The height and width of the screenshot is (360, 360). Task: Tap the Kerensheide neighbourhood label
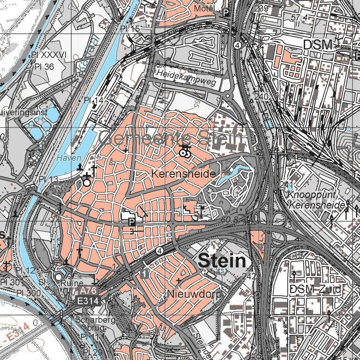pos(184,174)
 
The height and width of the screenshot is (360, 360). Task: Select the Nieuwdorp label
pos(187,294)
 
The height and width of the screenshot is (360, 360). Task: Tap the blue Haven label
pos(69,158)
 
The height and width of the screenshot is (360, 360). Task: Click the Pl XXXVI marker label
pos(49,55)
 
